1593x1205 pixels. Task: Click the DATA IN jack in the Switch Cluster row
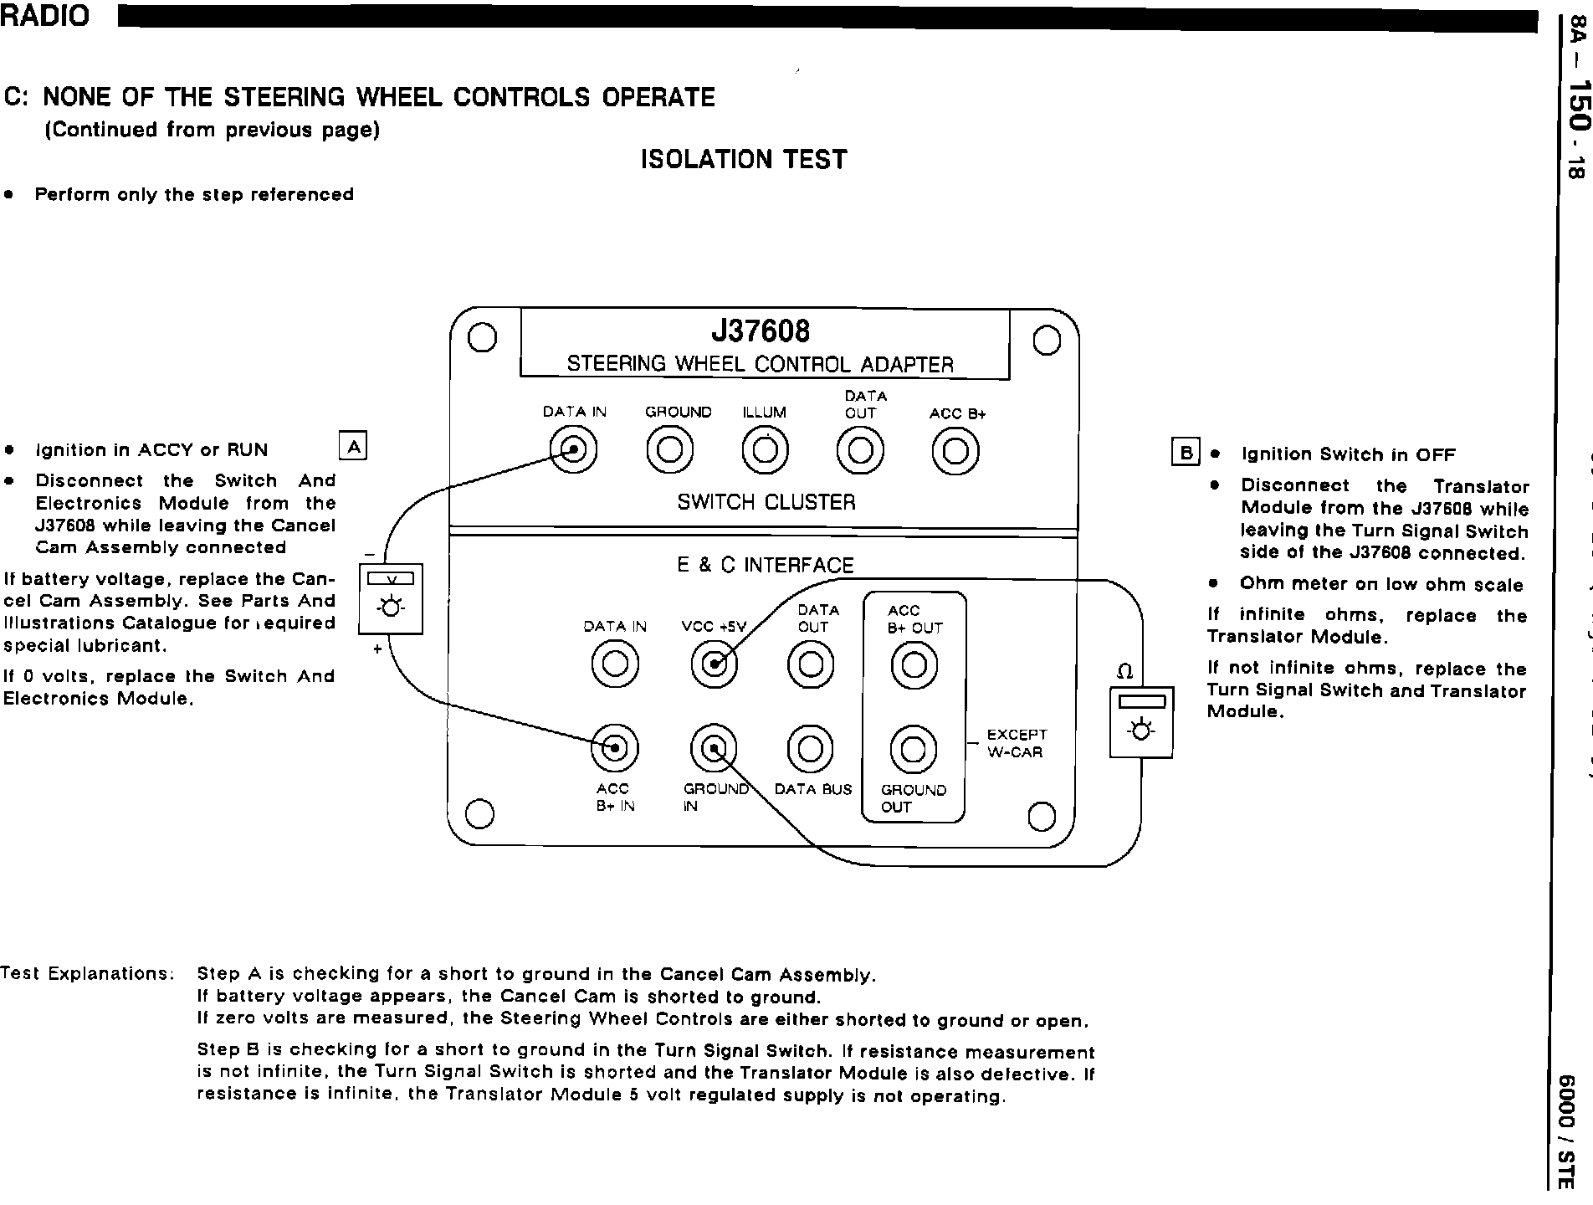(x=573, y=450)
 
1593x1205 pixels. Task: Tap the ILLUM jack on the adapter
(x=765, y=450)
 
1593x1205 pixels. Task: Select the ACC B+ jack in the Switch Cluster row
(x=955, y=451)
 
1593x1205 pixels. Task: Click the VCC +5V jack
(x=714, y=665)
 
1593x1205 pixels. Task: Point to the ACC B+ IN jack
(x=614, y=747)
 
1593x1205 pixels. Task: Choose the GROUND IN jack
(x=714, y=748)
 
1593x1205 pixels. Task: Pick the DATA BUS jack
(x=811, y=748)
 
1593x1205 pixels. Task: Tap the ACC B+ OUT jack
(x=914, y=665)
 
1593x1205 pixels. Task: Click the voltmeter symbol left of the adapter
(x=391, y=598)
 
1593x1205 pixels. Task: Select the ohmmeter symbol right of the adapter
(x=1140, y=722)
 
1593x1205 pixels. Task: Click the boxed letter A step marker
(x=353, y=447)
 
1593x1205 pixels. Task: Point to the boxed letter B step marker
(x=1186, y=453)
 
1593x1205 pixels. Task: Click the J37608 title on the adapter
(x=761, y=331)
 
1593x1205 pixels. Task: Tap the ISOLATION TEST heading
(x=744, y=159)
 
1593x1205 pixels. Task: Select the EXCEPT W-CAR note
(x=1016, y=743)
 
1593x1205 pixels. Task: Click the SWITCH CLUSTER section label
(x=766, y=502)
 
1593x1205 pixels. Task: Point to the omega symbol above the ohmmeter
(x=1125, y=672)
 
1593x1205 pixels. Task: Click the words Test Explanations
(x=87, y=973)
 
